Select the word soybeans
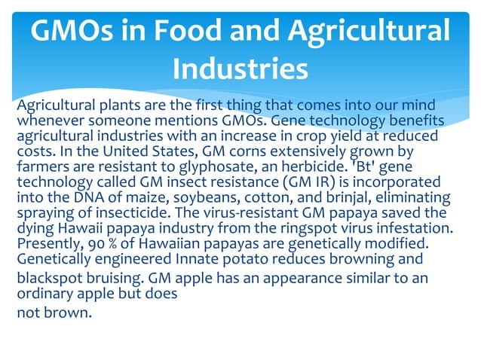[201, 198]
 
